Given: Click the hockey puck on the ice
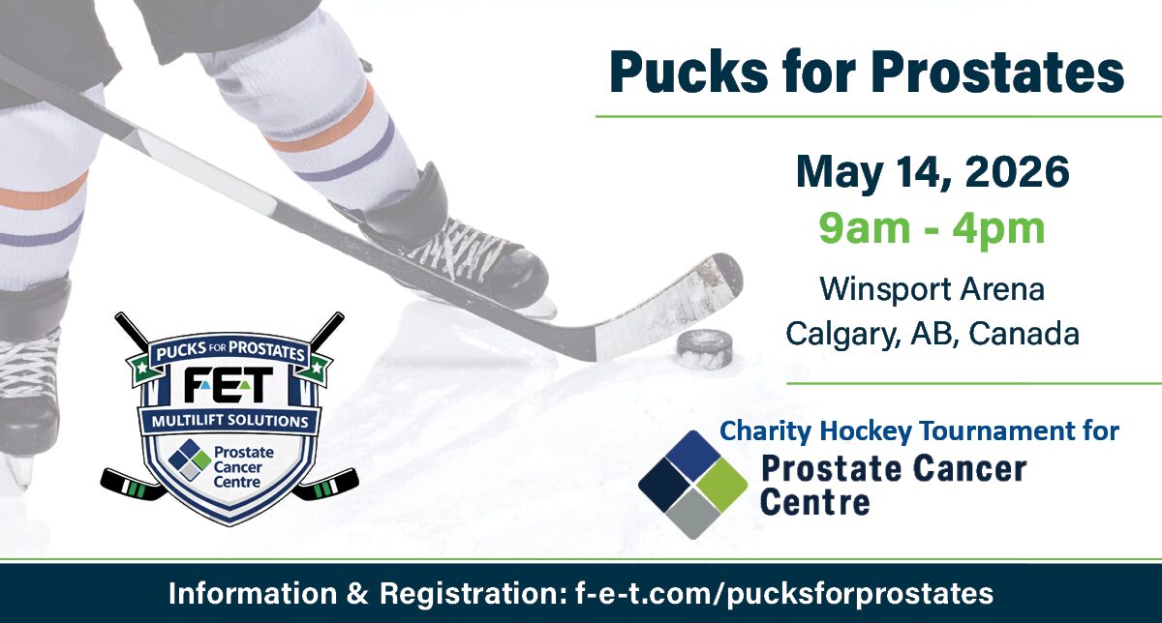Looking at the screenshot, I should pyautogui.click(x=704, y=349).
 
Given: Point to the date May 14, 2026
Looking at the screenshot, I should pyautogui.click(x=932, y=174).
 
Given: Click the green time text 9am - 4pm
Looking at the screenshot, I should pyautogui.click(x=932, y=229).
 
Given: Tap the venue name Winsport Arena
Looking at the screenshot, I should pyautogui.click(x=932, y=288).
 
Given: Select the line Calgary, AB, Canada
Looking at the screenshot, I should pyautogui.click(x=932, y=335).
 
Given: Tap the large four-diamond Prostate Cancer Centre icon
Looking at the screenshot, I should pyautogui.click(x=692, y=484).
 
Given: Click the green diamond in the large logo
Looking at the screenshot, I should pyautogui.click(x=719, y=484).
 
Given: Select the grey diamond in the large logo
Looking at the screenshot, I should pyautogui.click(x=692, y=512).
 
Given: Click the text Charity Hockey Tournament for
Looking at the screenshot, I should pyautogui.click(x=920, y=430).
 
